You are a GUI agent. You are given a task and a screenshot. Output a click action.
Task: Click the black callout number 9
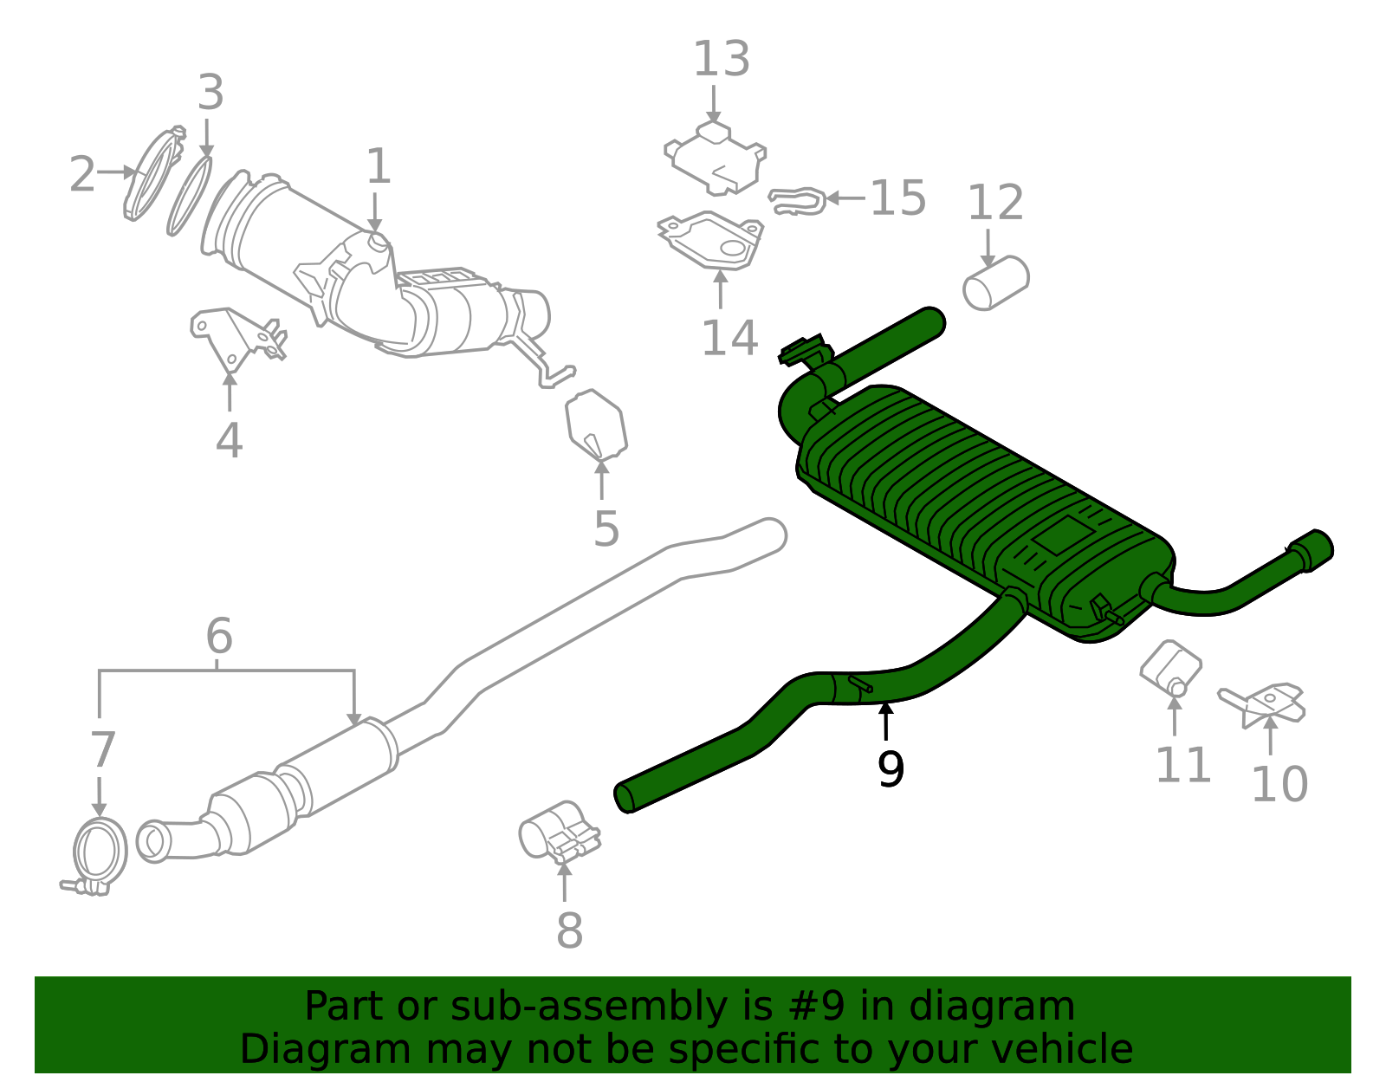[890, 768]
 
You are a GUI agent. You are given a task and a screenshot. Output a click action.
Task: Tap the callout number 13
[721, 59]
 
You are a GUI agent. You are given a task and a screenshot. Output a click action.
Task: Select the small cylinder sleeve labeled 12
[996, 282]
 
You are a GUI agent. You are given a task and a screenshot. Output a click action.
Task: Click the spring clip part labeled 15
[796, 200]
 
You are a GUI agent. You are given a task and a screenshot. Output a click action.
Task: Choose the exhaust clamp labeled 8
[560, 833]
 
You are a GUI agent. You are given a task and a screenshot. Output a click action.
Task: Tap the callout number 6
[219, 637]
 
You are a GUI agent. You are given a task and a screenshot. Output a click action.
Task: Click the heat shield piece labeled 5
[595, 424]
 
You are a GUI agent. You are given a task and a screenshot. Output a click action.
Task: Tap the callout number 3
[210, 93]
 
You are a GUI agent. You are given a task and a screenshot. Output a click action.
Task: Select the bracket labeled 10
[1266, 703]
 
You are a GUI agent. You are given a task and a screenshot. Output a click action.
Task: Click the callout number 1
[379, 166]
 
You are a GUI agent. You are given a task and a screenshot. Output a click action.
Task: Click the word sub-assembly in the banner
[538, 1007]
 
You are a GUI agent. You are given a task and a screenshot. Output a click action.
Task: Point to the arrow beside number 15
[845, 198]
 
